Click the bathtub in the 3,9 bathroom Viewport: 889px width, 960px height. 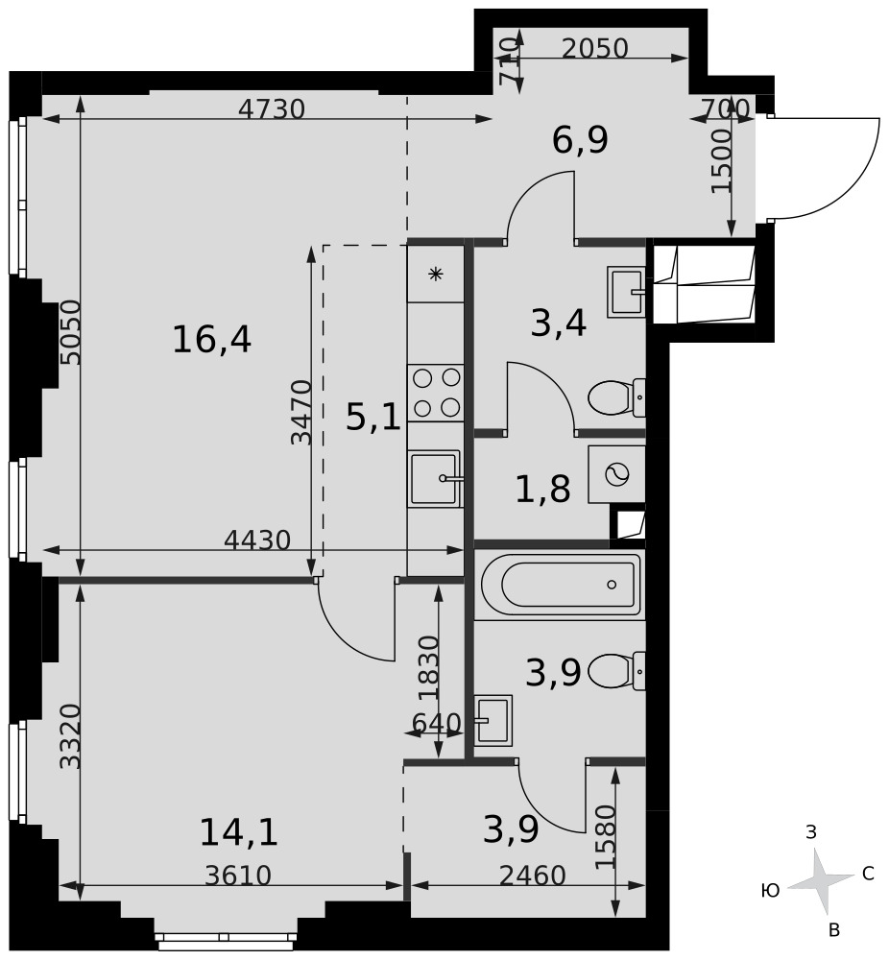pos(561,585)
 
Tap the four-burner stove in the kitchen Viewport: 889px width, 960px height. pos(436,393)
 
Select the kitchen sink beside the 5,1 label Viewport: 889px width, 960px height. pos(435,479)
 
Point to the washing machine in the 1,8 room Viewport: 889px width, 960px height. pos(616,474)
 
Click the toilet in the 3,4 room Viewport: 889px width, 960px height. pos(616,397)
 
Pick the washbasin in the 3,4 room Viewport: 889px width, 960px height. pos(626,292)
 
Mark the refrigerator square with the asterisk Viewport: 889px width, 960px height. pos(435,274)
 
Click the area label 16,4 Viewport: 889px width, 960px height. pos(212,340)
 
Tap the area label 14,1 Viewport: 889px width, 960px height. pos(239,832)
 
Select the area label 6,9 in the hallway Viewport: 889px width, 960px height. pos(580,140)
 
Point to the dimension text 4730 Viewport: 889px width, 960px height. pos(272,109)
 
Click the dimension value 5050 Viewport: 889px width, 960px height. pos(71,332)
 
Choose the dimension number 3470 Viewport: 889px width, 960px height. pos(301,412)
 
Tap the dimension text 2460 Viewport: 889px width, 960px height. pos(532,876)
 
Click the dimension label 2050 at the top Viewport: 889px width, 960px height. pos(595,48)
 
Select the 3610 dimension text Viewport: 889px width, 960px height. pos(238,876)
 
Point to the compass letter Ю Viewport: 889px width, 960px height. pos(770,890)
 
